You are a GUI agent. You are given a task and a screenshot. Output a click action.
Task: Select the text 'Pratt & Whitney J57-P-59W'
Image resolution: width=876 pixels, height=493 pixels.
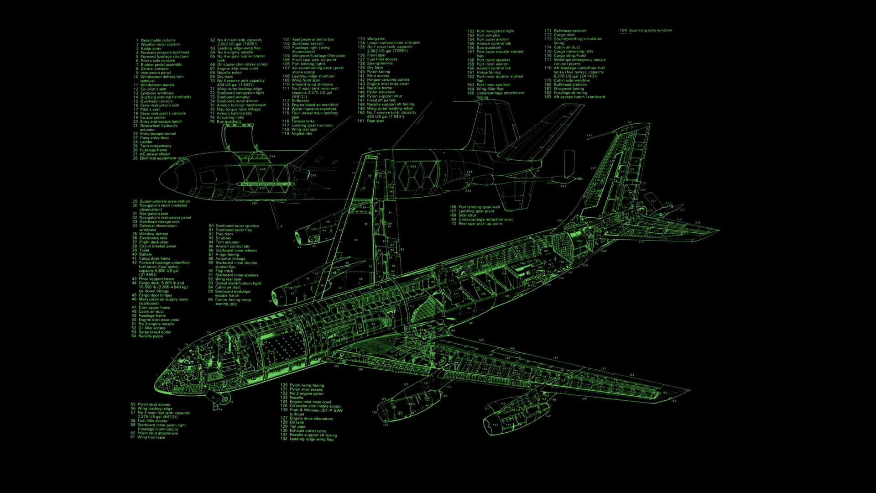pyautogui.click(x=316, y=410)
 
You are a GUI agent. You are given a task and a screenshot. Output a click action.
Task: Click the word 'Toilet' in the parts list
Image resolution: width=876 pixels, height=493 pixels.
pyautogui.click(x=144, y=251)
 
